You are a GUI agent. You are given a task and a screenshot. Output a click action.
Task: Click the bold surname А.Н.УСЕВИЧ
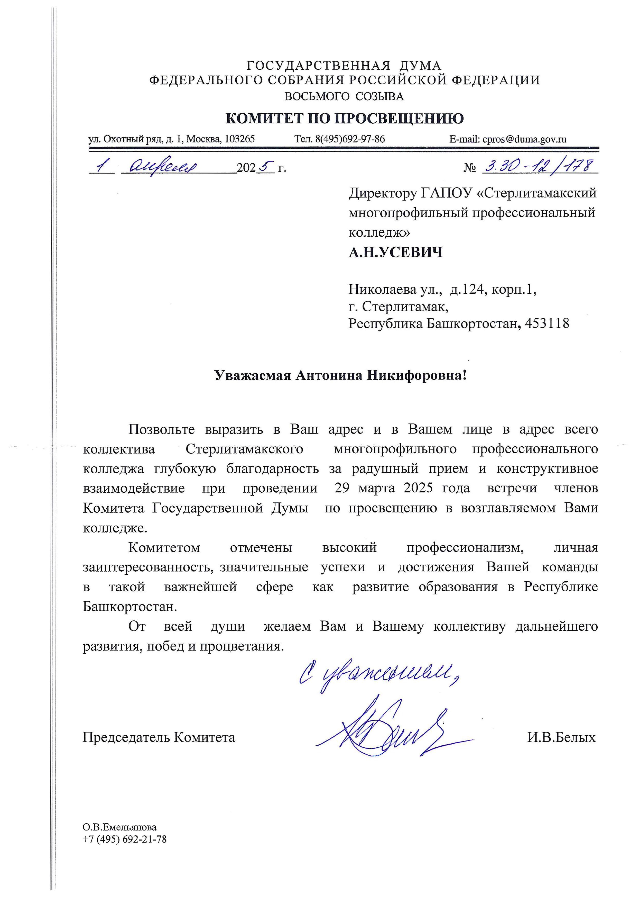395,252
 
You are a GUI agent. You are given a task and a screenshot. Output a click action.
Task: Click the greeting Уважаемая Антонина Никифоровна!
341,376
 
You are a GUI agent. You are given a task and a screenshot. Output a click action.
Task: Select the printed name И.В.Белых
561,737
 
